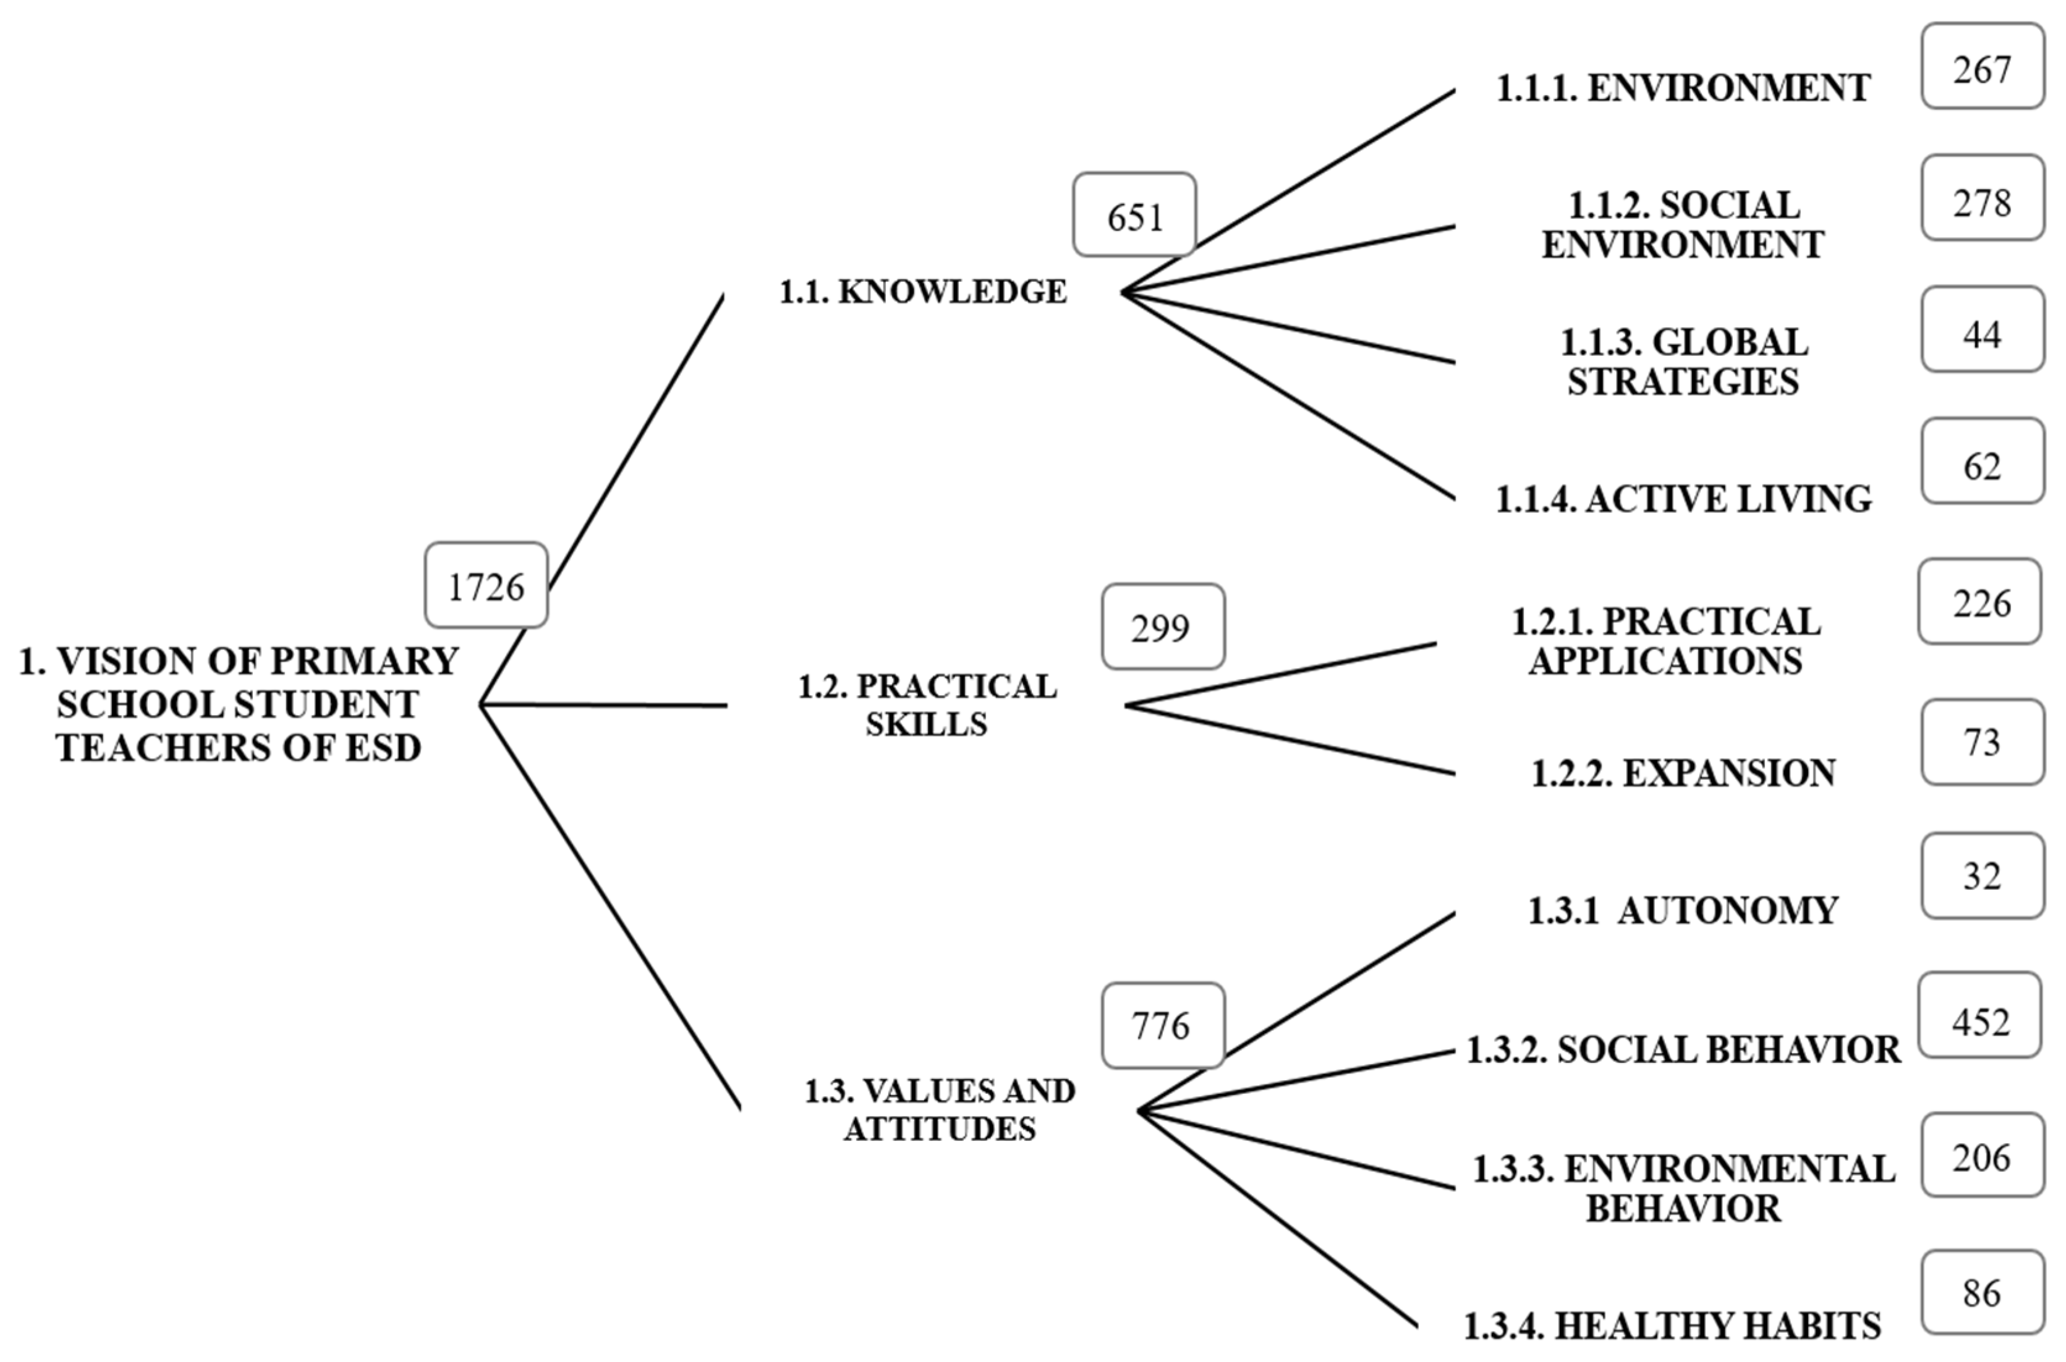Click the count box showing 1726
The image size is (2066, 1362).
point(486,585)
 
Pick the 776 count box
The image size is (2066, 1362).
point(1162,1026)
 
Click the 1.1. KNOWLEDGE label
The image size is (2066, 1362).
point(922,292)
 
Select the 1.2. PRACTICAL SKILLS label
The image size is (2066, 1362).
point(927,704)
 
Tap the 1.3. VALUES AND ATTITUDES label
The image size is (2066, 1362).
point(939,1109)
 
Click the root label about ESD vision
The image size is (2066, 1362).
point(238,704)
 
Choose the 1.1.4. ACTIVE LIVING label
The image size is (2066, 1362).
point(1683,499)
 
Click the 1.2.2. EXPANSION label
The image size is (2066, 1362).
point(1683,773)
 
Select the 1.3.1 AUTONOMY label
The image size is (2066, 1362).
point(1683,910)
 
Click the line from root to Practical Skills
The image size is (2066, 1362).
point(604,705)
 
